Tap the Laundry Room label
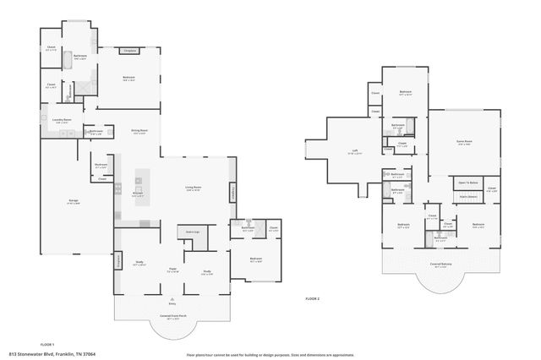[x=63, y=121]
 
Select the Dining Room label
[x=139, y=131]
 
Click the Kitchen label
[x=137, y=195]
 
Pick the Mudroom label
[x=101, y=165]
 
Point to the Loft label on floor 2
[x=355, y=152]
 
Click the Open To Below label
[x=468, y=183]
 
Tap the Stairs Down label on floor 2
[x=468, y=197]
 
